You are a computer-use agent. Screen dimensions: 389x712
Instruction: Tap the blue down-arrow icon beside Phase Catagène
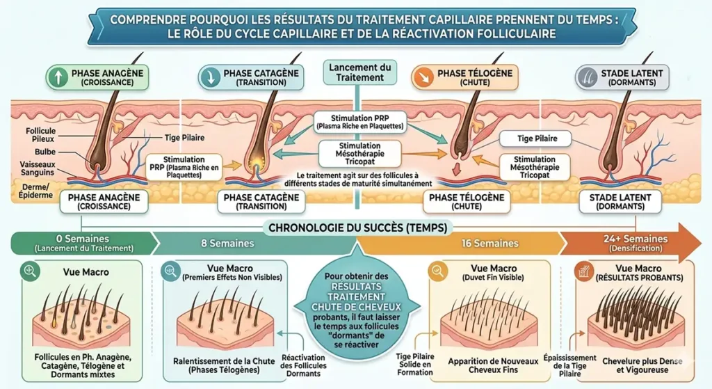[209, 77]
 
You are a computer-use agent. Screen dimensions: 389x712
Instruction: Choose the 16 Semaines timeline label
[490, 244]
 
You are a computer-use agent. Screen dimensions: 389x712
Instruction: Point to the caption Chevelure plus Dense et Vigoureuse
[633, 366]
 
